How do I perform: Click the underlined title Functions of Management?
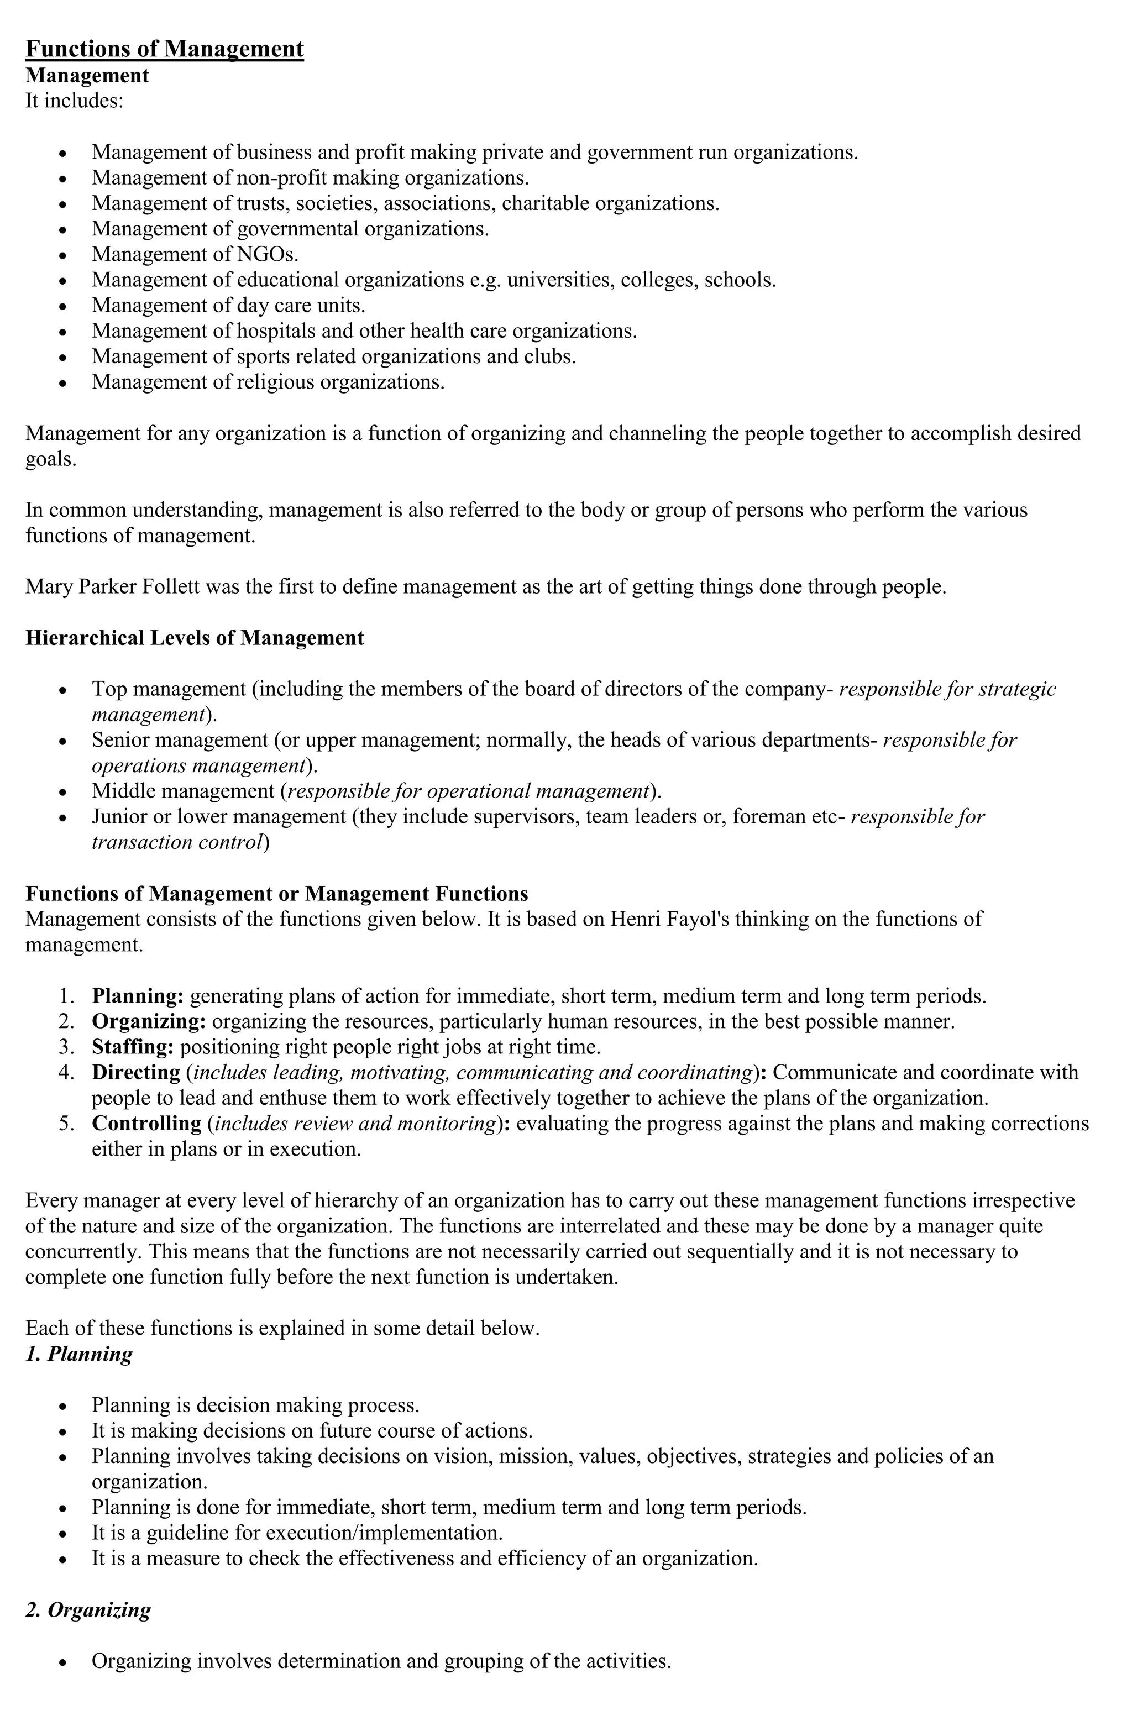tap(164, 49)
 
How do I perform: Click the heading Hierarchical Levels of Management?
tap(194, 638)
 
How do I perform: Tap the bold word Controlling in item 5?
tap(146, 1124)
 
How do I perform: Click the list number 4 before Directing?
tap(65, 1073)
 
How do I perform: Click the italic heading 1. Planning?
tap(78, 1354)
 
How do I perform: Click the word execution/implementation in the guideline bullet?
tap(384, 1533)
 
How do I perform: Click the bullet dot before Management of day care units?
tap(64, 306)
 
